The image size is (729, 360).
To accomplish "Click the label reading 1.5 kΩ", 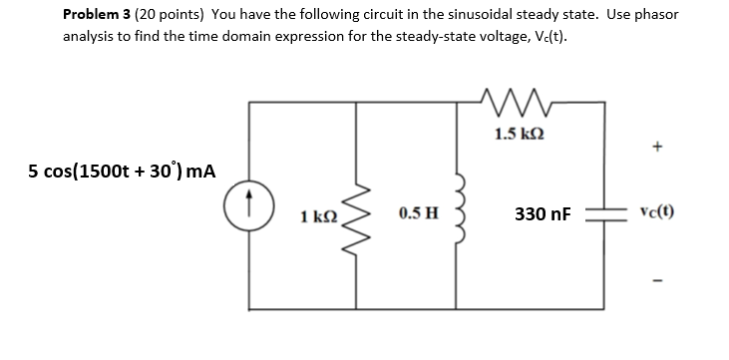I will [518, 132].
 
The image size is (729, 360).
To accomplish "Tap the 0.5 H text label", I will [415, 212].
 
